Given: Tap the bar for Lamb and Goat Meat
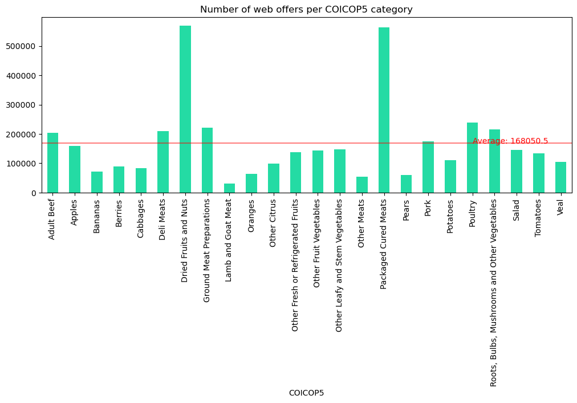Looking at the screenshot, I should (229, 188).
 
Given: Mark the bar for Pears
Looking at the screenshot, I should (406, 184).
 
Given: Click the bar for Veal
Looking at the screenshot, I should (560, 177).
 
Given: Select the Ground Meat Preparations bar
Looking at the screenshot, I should (208, 160).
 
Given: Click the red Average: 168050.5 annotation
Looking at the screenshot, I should (510, 141).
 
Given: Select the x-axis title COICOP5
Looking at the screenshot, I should (306, 393).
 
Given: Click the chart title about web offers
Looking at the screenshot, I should (306, 10).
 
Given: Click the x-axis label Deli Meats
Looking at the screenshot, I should (163, 219).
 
